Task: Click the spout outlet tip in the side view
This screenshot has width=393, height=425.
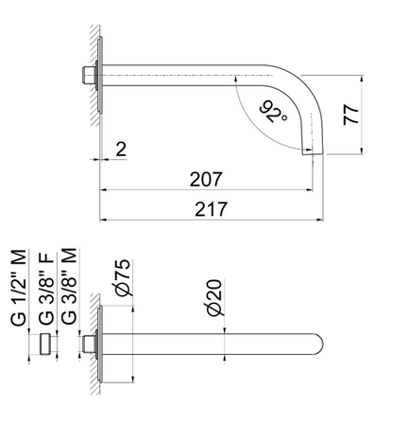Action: [x=315, y=151]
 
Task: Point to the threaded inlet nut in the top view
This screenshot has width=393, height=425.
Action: [x=88, y=75]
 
